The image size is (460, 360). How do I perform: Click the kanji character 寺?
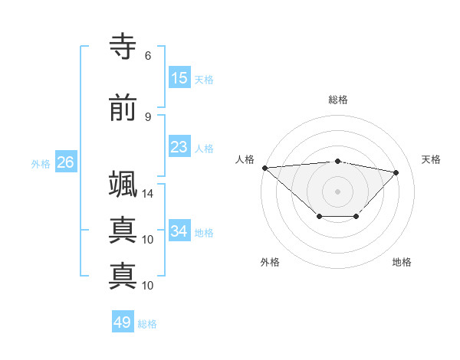[123, 47]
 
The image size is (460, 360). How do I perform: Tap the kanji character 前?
[123, 109]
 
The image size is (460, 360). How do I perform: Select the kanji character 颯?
[123, 185]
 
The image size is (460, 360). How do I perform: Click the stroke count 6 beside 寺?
[147, 56]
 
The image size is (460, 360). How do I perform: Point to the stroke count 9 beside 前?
[147, 117]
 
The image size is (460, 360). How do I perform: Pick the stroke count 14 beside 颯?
[147, 194]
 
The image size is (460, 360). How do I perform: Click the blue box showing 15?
[179, 78]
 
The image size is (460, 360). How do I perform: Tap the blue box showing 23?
[179, 147]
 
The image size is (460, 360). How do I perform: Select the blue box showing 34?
[179, 231]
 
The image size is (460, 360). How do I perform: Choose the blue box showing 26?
[65, 162]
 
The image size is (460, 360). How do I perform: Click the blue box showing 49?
[122, 322]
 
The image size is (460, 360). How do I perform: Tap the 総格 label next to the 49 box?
[147, 324]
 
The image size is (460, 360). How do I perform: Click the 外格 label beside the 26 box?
[41, 163]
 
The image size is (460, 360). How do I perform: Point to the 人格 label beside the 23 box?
[204, 148]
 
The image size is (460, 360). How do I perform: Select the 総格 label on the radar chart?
[337, 100]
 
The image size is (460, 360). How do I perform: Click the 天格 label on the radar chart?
[431, 159]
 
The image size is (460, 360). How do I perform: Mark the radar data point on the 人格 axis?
[264, 168]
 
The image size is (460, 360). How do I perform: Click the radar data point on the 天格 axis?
[396, 172]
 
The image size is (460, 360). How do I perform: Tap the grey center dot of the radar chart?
[337, 191]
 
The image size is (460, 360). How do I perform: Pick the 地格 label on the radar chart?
[402, 262]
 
